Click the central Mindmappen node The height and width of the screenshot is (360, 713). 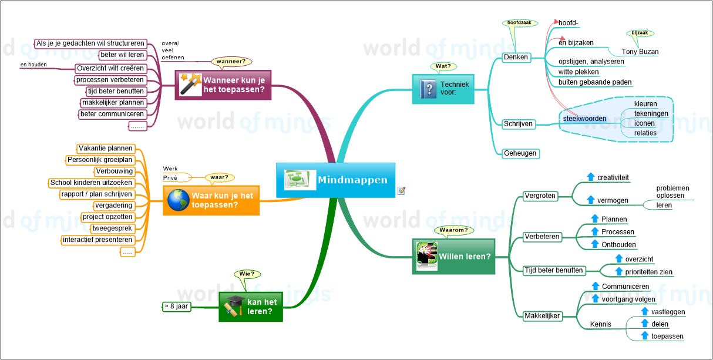coord(335,180)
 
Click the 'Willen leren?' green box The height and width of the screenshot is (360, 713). coord(453,256)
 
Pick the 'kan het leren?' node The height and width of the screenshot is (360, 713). coord(251,307)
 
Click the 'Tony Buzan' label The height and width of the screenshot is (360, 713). coord(640,52)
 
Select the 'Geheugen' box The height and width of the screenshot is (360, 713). coord(520,153)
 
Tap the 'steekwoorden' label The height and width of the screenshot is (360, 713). coord(584,119)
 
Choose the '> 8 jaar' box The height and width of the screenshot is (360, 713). coord(177,306)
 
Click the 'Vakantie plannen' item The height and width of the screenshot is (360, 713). coord(106,149)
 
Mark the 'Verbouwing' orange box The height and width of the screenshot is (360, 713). coord(114,171)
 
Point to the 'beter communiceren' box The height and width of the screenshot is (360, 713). coord(112,114)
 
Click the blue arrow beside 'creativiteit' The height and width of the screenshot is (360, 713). coord(591,177)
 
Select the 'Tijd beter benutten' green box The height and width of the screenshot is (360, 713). coord(554,270)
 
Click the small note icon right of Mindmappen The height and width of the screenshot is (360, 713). coord(402,190)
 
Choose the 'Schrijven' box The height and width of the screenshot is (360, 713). coord(518,123)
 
